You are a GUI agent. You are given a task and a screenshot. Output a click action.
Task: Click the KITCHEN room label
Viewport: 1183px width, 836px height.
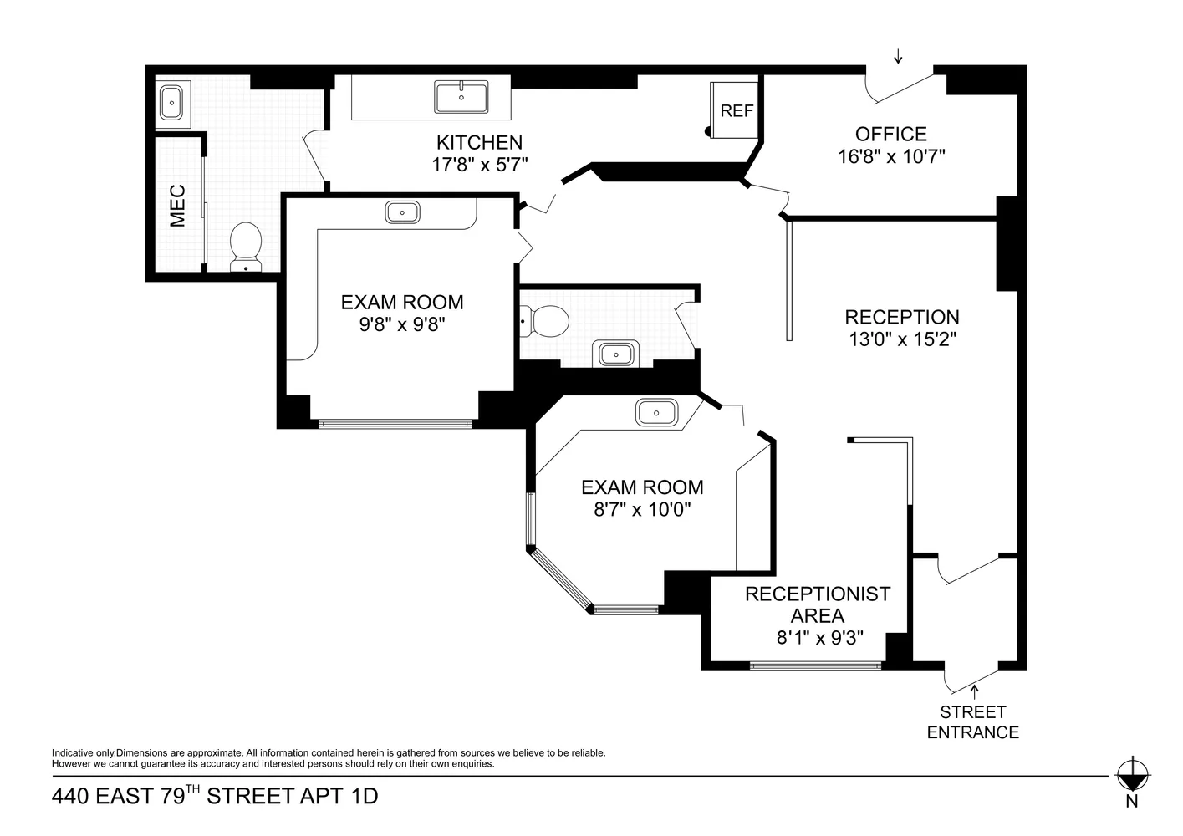tap(479, 142)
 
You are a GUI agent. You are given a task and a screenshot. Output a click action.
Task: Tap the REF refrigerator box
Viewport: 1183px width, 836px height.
tap(736, 110)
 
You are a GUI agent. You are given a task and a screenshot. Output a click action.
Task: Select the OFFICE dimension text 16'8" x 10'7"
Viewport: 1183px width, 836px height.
tap(891, 156)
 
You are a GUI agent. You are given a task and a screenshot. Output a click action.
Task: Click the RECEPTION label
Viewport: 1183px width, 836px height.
tap(901, 317)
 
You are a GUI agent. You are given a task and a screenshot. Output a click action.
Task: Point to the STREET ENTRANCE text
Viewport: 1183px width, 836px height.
tap(972, 722)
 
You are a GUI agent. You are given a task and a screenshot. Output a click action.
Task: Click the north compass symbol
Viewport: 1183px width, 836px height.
tap(1133, 775)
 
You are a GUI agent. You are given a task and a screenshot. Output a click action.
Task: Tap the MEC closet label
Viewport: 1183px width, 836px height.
tap(177, 206)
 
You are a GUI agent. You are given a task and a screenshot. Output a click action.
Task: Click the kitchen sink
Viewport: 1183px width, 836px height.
tap(461, 97)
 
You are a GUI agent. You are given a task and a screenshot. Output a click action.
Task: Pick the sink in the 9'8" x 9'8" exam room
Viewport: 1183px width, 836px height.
tap(402, 212)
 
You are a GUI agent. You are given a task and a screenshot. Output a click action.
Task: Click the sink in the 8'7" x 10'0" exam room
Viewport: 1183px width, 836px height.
tap(656, 412)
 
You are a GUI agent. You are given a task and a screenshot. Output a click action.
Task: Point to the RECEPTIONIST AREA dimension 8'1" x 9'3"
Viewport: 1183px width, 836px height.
tap(819, 638)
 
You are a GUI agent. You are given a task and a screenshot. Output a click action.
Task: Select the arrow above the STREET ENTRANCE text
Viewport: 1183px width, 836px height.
tap(973, 691)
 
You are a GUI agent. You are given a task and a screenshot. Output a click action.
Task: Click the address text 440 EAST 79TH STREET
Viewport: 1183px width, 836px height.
tap(214, 796)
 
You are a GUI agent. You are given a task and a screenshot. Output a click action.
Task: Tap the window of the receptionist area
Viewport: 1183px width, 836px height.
tap(815, 666)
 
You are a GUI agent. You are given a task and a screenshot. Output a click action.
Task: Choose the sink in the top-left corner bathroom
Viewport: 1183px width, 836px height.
tap(171, 103)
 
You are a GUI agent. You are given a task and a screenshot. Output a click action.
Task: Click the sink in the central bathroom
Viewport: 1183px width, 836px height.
tap(616, 354)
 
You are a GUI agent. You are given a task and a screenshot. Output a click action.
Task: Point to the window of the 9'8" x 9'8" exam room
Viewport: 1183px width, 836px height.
tap(395, 424)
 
